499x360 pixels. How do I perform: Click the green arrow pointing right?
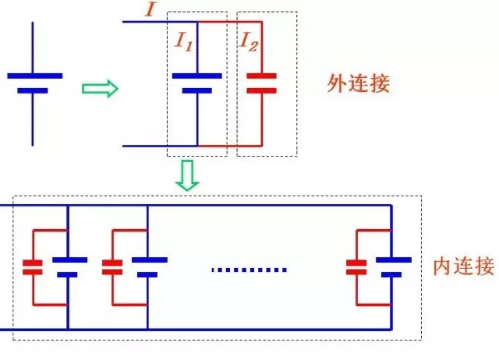coord(100,88)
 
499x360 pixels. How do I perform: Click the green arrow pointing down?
coord(187,175)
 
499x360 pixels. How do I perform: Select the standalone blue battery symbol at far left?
coord(33,83)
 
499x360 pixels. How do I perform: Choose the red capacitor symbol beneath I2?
coord(261,83)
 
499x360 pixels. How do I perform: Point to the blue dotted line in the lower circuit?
coord(249,270)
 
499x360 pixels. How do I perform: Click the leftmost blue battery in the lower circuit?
coord(68,266)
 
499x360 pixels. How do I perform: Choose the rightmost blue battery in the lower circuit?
coord(391,266)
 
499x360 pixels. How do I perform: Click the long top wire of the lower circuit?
coord(234,206)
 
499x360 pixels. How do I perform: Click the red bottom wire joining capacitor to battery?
coord(230,146)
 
